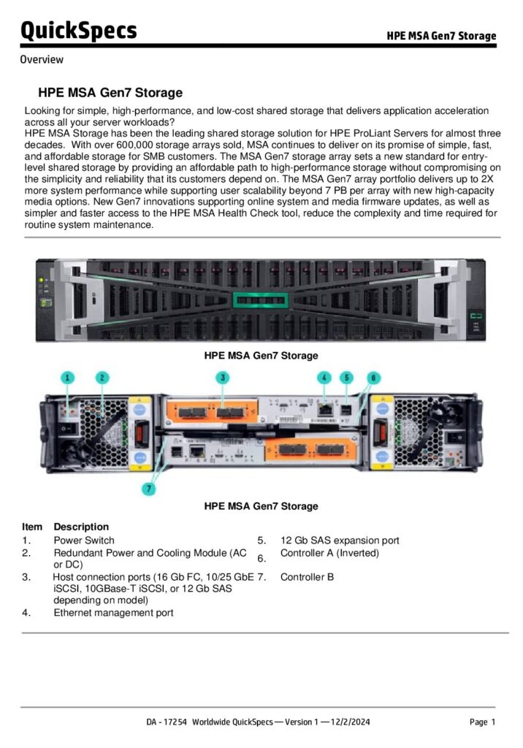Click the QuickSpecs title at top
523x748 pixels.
click(x=78, y=30)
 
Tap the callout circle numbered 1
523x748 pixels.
click(x=68, y=377)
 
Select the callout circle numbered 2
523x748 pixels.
click(x=103, y=377)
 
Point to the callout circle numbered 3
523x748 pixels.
click(x=223, y=377)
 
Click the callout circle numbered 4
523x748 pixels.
click(x=324, y=377)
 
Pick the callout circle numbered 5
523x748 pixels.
click(x=348, y=377)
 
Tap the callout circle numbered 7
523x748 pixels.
click(x=149, y=489)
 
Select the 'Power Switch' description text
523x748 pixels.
click(x=84, y=541)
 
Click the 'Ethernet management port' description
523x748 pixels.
click(x=113, y=612)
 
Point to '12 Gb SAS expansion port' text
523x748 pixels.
click(x=340, y=541)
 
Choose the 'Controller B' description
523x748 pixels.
click(x=307, y=577)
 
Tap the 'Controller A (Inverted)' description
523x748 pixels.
click(x=329, y=553)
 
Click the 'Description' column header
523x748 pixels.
click(x=81, y=527)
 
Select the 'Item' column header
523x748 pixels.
click(x=32, y=527)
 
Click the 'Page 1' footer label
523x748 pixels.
click(x=482, y=722)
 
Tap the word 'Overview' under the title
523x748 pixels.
click(x=42, y=60)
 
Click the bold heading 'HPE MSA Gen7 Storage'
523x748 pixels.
click(x=110, y=93)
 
